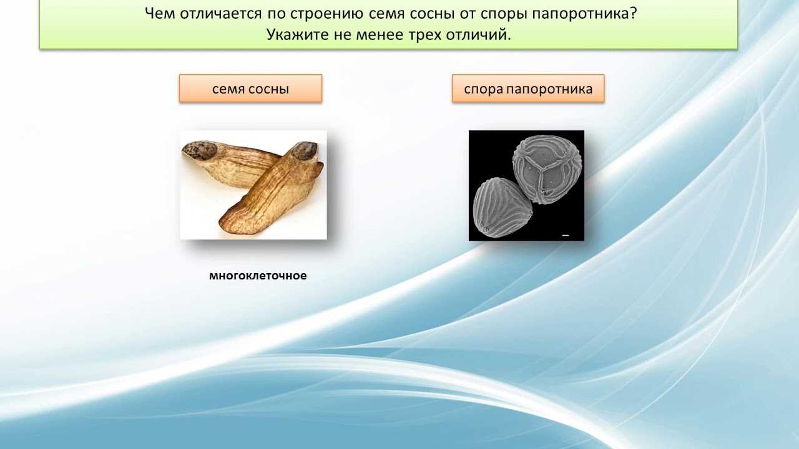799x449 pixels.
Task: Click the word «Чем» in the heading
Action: pos(159,14)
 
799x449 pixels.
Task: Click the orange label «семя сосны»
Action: pos(250,89)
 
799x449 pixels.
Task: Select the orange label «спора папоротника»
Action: pos(528,89)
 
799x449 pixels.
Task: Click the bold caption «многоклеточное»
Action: pos(258,276)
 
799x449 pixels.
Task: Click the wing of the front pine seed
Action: pos(269,193)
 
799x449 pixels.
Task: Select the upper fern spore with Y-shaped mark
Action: pos(547,170)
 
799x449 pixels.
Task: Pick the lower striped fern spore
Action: pos(502,208)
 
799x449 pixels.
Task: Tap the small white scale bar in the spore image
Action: pos(566,235)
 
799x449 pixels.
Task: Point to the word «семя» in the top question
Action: pos(386,14)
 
